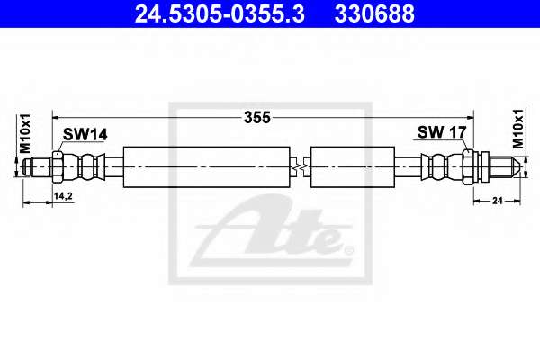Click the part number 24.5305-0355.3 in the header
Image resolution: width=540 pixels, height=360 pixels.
click(x=220, y=13)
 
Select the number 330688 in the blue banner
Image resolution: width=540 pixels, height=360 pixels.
click(x=374, y=13)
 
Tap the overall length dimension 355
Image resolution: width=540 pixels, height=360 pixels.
click(x=256, y=118)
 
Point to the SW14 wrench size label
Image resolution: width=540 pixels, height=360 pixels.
click(x=85, y=134)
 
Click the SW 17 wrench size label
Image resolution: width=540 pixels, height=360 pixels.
click(x=442, y=132)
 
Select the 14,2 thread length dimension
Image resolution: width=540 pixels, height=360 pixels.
click(x=63, y=196)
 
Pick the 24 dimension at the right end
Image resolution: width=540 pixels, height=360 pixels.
click(x=498, y=201)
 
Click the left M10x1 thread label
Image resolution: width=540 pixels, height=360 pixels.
click(x=25, y=134)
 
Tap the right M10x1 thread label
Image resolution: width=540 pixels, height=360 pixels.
click(x=517, y=129)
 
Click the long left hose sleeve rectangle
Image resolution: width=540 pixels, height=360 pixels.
click(x=207, y=167)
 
